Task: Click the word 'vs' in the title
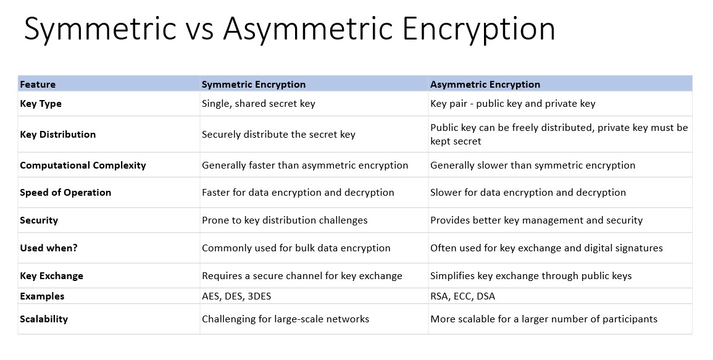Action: coord(199,28)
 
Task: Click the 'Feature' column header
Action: coord(38,84)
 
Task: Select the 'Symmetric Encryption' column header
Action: coord(254,84)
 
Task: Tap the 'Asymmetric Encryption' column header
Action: coord(485,84)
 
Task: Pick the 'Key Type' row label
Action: coord(41,104)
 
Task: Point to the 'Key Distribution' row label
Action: coord(58,134)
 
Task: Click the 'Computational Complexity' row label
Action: coord(83,165)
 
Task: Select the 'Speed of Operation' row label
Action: coord(65,193)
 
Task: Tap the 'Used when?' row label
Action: coord(49,248)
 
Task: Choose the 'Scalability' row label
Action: coord(44,319)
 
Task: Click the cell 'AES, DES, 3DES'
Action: coord(236,296)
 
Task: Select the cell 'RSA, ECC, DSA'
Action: coord(462,296)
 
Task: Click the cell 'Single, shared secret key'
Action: coord(258,104)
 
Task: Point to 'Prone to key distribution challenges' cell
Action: coord(285,220)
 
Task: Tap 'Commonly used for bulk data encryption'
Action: coord(296,248)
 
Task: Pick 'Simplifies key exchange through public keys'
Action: coord(531,276)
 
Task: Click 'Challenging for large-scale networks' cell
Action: coord(286,319)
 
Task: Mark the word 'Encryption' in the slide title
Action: coord(479,30)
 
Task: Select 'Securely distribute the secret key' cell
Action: coord(279,134)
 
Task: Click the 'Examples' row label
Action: coord(43,296)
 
